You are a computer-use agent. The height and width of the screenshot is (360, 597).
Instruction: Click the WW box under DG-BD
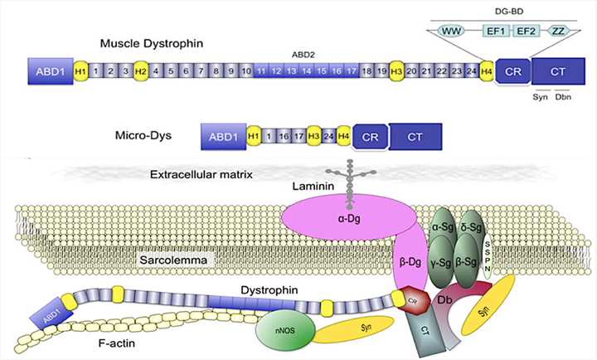(454, 29)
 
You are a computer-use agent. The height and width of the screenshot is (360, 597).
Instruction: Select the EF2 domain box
(525, 29)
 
